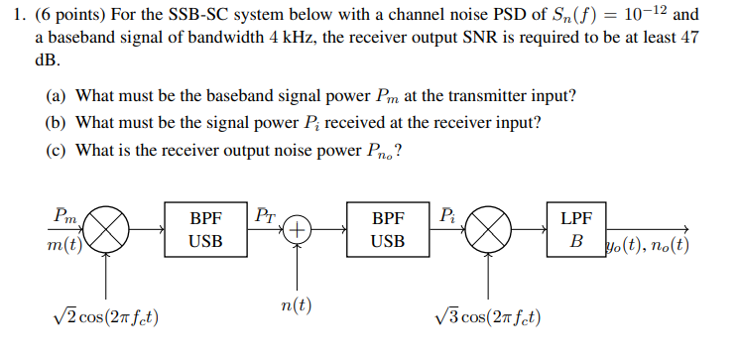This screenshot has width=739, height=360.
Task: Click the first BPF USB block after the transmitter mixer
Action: [x=206, y=229]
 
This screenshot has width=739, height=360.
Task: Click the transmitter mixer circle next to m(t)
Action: [x=111, y=230]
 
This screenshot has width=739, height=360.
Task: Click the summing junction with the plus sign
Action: [x=297, y=229]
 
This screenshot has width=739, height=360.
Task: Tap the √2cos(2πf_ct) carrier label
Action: [x=110, y=317]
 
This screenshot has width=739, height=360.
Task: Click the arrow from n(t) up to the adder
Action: [x=297, y=266]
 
